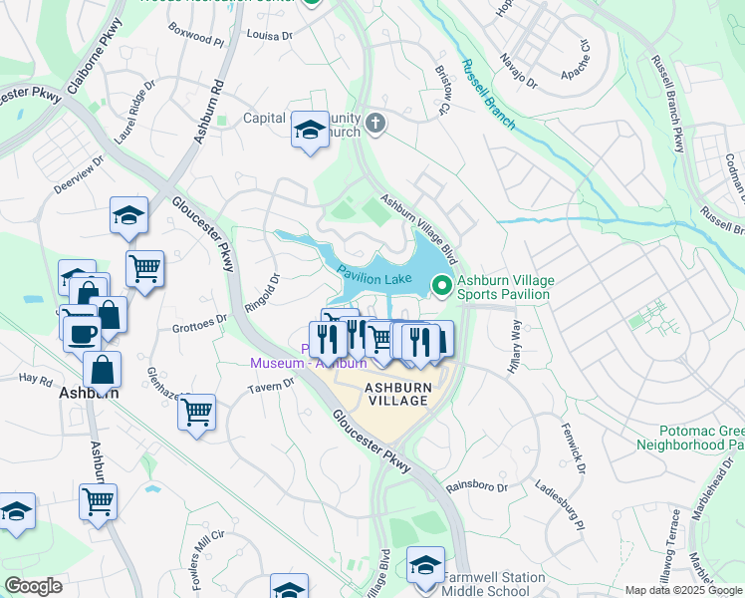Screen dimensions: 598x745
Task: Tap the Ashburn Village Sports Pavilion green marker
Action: pos(439,287)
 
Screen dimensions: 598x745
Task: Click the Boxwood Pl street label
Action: pos(197,39)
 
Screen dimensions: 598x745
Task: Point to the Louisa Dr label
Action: pos(268,34)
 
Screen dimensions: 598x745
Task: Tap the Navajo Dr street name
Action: pos(518,71)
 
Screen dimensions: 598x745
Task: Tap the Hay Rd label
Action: pos(34,379)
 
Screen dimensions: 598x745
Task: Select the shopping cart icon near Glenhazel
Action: pos(196,410)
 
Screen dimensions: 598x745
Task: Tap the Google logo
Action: pos(33,586)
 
